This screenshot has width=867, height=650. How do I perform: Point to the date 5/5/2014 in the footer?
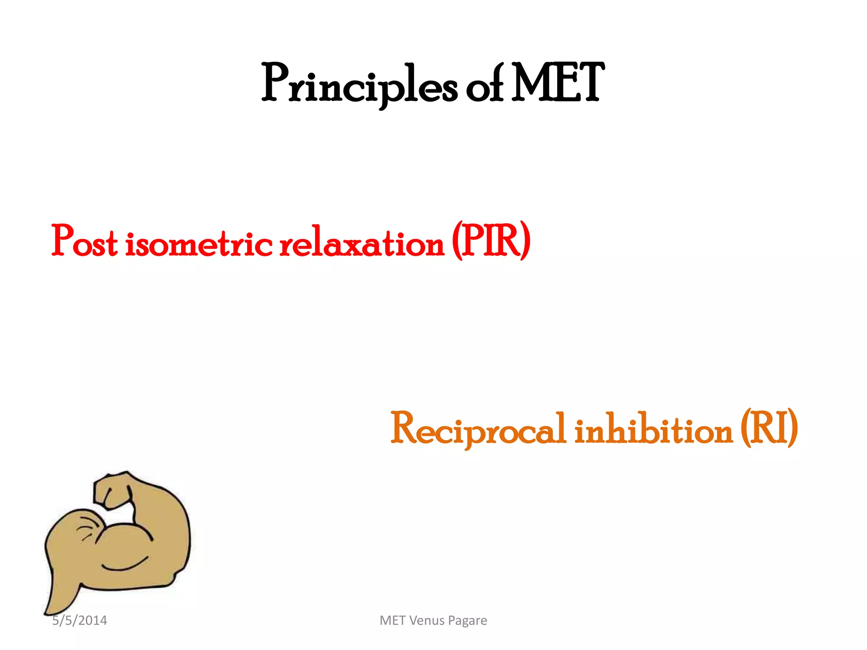coord(80,620)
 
